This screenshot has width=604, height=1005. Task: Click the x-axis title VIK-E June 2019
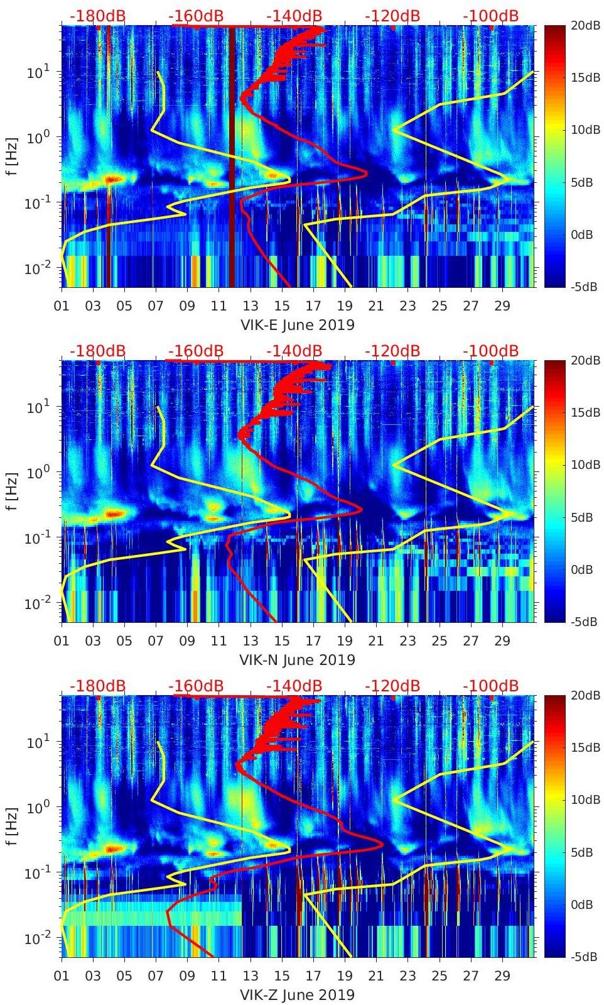point(298,325)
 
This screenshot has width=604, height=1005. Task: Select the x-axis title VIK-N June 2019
point(298,660)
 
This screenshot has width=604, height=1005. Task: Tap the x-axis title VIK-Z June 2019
point(298,995)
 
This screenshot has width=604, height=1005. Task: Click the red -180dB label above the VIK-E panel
point(97,16)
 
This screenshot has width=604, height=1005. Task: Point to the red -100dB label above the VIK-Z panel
point(490,686)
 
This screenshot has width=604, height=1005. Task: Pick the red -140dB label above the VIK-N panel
point(294,351)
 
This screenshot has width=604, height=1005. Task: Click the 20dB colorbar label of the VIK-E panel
point(586,25)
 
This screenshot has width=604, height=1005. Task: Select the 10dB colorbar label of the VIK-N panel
point(586,464)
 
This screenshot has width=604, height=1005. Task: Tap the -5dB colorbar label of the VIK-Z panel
point(585,957)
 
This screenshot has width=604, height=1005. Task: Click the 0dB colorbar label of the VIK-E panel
point(585,234)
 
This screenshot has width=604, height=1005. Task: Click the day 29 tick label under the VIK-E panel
point(502,306)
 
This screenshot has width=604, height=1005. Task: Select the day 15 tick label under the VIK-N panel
point(282,641)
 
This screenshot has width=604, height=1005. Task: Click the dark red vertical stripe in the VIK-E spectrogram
point(232,157)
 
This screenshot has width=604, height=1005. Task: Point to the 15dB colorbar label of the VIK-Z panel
point(586,747)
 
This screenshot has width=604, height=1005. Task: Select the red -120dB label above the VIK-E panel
point(392,16)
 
